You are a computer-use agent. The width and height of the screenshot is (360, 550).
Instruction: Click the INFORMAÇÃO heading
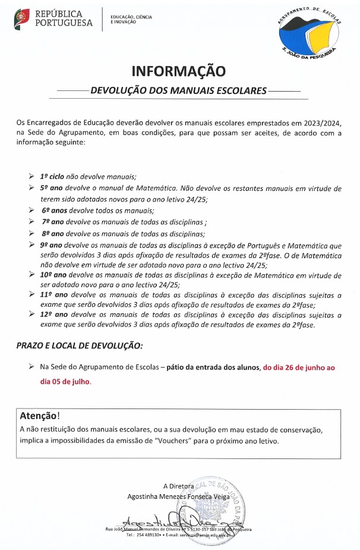tap(178, 71)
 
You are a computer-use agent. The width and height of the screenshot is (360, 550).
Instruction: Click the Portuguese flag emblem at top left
tap(22, 18)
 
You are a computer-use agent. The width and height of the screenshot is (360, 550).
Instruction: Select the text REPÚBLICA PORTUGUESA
tap(64, 18)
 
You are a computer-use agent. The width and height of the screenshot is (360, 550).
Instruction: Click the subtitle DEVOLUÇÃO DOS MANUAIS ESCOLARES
tap(178, 92)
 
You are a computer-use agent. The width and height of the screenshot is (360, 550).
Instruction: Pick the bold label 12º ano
tap(54, 315)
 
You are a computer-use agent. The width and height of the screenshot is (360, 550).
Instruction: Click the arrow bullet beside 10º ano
tap(31, 275)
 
